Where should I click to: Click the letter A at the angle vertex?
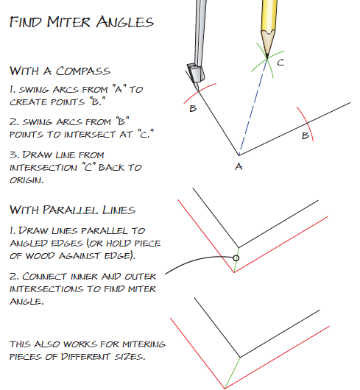[239, 166]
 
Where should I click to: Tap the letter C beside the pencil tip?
[280, 63]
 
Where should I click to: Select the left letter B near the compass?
[193, 108]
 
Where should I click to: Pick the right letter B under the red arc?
[306, 135]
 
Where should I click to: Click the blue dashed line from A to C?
[253, 107]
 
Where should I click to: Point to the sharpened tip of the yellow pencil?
[267, 58]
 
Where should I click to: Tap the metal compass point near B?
[198, 90]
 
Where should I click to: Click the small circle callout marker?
[236, 258]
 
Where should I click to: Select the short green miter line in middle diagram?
[236, 260]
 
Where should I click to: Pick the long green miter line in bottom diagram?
[233, 372]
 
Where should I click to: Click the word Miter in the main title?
[68, 22]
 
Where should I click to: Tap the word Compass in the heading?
[83, 71]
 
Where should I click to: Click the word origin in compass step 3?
[27, 180]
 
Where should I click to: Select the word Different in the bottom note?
[85, 356]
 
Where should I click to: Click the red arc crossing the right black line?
[306, 124]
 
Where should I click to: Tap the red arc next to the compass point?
[200, 93]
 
